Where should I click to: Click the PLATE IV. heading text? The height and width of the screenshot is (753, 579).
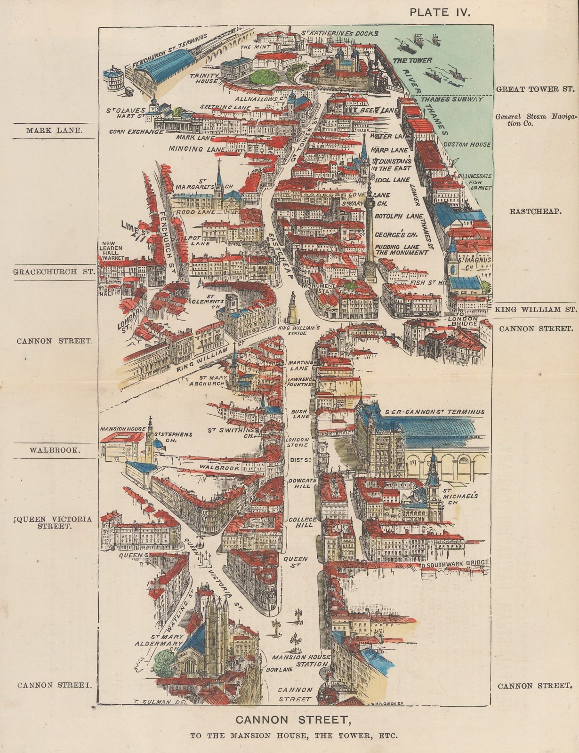[440, 12]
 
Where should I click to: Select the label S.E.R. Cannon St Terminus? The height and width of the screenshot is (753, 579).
[434, 412]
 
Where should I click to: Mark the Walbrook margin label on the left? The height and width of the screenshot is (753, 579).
[55, 450]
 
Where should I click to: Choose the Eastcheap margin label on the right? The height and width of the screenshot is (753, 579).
[535, 211]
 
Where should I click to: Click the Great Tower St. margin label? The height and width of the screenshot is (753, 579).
[535, 89]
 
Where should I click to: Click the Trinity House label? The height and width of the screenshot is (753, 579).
[205, 78]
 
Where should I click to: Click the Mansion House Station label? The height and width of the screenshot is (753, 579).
[301, 660]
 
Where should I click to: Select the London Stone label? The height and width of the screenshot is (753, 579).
[298, 442]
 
